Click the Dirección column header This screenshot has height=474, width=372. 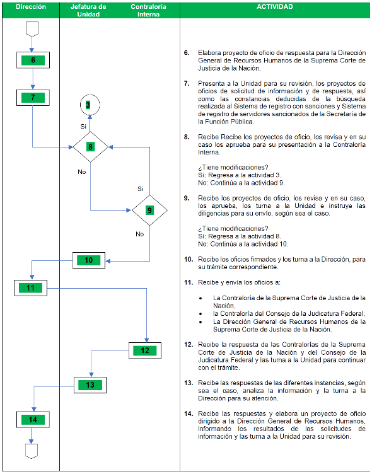click(31, 7)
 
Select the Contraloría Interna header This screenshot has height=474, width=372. click(148, 10)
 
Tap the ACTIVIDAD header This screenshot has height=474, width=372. click(275, 7)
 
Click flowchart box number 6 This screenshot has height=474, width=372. click(33, 60)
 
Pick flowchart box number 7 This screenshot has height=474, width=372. click(33, 98)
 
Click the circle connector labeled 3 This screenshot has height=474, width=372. click(90, 105)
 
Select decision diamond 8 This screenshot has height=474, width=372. click(90, 147)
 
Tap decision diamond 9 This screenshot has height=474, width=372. click(149, 210)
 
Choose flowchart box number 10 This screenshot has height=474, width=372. click(89, 260)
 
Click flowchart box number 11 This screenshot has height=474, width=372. click(30, 288)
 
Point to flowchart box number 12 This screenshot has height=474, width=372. click(145, 350)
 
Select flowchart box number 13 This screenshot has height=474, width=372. click(90, 385)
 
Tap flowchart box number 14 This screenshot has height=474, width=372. click(33, 420)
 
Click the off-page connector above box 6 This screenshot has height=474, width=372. click(32, 29)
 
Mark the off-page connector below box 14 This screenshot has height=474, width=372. click(32, 451)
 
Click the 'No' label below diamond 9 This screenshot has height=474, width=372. click(140, 234)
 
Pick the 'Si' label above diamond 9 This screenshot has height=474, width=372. click(141, 189)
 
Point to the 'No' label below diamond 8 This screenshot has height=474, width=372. click(82, 171)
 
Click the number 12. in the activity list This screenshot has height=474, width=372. click(189, 344)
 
